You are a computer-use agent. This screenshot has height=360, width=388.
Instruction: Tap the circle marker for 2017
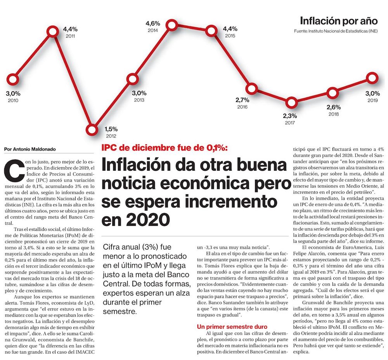[x=292, y=103]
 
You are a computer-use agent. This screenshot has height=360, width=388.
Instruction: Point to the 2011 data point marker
[x=54, y=31]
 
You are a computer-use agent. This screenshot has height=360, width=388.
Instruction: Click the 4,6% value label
[x=152, y=24]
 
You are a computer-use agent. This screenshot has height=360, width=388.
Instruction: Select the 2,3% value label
[x=289, y=116]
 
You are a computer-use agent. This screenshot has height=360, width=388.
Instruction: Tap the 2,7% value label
[x=242, y=100]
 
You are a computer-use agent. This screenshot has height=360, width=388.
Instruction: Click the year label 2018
[x=333, y=114]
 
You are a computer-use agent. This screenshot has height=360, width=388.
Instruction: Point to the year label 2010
[x=13, y=100]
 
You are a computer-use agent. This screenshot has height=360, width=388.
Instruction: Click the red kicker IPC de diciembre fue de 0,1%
[x=165, y=147]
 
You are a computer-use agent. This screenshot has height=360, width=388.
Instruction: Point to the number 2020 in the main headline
[x=148, y=220]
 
